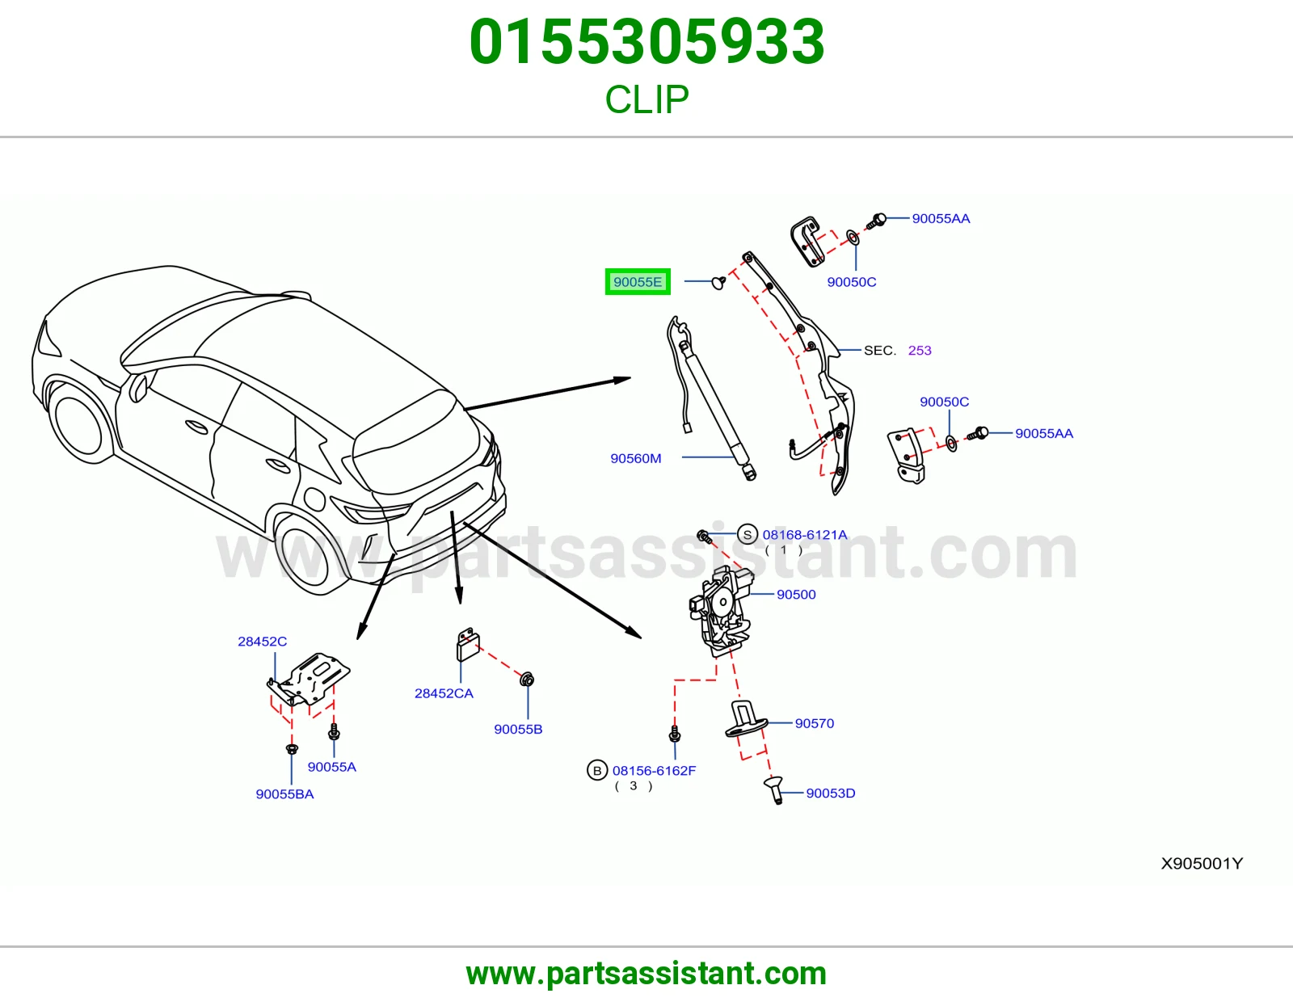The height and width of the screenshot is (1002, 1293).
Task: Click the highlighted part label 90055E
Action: tap(638, 281)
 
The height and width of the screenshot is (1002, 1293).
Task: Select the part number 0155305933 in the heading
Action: tap(646, 41)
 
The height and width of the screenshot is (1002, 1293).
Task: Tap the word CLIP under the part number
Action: tap(646, 99)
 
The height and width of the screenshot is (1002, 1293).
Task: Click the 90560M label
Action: tap(635, 458)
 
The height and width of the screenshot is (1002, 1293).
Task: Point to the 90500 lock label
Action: tap(796, 594)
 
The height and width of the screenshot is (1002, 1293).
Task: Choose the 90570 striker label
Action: tap(814, 723)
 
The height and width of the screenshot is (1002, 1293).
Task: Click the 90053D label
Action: tap(830, 793)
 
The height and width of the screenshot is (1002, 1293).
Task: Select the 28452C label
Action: tap(262, 641)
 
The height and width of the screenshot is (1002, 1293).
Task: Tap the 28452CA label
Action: tap(444, 693)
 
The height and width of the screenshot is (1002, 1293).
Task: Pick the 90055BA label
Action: tap(284, 794)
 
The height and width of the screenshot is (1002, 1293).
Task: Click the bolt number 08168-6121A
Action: tap(804, 534)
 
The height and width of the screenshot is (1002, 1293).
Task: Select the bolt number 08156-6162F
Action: tap(654, 771)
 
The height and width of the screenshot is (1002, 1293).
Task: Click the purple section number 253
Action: tap(920, 351)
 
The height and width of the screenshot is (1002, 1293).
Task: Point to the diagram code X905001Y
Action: tap(1202, 863)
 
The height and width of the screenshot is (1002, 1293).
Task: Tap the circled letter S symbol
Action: tap(748, 534)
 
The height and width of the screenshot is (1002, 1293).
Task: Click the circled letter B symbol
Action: tap(597, 771)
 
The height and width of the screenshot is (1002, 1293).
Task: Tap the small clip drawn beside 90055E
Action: tap(718, 282)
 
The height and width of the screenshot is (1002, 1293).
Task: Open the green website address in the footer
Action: tap(646, 974)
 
